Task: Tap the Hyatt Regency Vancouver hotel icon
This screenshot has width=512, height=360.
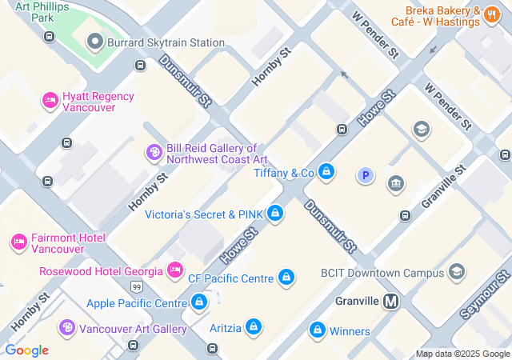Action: [50, 101]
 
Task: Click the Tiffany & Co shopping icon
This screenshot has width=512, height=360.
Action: [326, 171]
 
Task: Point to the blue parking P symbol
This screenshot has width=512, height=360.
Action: [366, 175]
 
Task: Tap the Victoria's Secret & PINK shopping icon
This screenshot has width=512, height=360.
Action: [275, 213]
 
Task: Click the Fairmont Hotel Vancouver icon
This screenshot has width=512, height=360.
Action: [18, 242]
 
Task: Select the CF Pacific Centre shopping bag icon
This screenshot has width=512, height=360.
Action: [286, 278]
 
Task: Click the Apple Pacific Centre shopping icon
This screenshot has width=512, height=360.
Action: [199, 302]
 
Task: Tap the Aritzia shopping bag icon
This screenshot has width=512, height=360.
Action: [253, 326]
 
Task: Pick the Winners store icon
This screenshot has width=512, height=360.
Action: [318, 330]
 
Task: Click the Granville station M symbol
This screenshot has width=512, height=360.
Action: [391, 302]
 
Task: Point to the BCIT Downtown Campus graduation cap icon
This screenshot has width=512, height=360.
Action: [457, 272]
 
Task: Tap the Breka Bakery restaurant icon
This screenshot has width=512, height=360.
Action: [492, 17]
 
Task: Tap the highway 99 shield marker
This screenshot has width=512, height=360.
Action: [138, 286]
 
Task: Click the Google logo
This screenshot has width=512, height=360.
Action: [26, 350]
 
